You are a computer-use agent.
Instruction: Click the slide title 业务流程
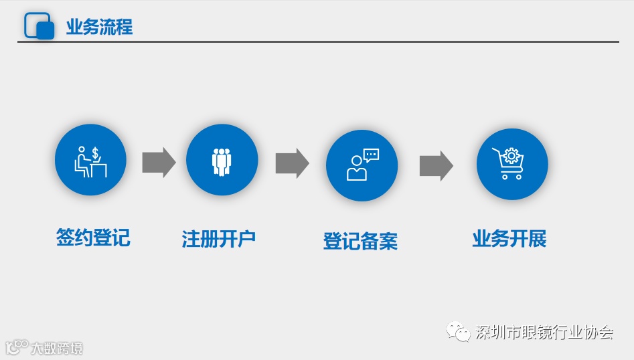(x=99, y=27)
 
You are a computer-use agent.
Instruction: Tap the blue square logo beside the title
(x=39, y=26)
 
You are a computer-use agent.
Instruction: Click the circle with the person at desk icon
(x=90, y=160)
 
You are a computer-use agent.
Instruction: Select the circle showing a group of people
(x=222, y=160)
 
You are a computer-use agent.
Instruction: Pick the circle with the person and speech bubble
(x=362, y=165)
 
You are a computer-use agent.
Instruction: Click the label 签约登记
(x=93, y=238)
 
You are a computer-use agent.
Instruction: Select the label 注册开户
(x=219, y=239)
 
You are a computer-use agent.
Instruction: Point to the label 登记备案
(x=360, y=241)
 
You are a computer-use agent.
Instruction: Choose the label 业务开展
(x=509, y=239)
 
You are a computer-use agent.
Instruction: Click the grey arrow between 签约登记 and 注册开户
(x=159, y=162)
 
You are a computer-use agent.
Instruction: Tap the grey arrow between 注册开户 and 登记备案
(x=292, y=163)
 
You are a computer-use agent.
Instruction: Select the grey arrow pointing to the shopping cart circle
(x=436, y=165)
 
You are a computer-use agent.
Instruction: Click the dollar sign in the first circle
(x=96, y=154)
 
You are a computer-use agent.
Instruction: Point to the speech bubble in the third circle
(x=371, y=155)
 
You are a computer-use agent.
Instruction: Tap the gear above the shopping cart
(x=511, y=156)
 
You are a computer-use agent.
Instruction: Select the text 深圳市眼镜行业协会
(x=544, y=332)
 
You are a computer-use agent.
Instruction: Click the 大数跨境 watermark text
(x=56, y=348)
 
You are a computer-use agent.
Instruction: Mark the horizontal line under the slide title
(x=318, y=41)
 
